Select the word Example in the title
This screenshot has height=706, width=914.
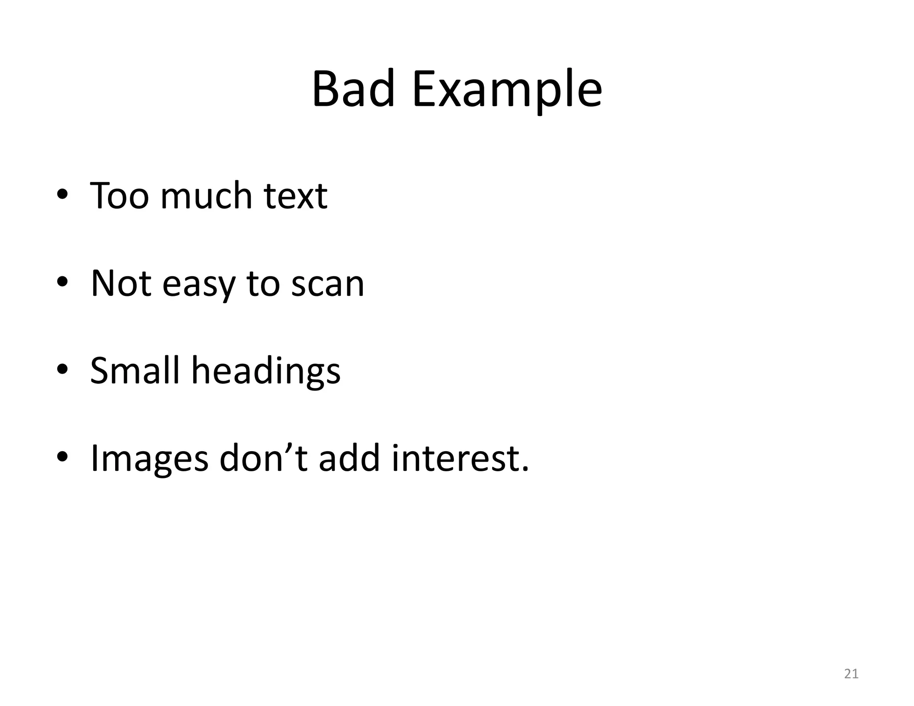507,91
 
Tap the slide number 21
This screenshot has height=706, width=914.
852,673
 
